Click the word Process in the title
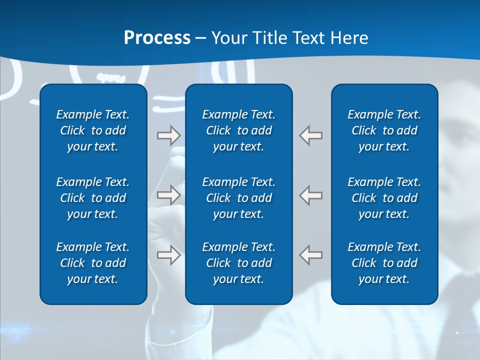click(x=157, y=38)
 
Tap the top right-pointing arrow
click(x=168, y=135)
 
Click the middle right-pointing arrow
click(x=168, y=194)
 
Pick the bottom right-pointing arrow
click(x=168, y=254)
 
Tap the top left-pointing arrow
click(x=310, y=135)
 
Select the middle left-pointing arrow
click(x=310, y=194)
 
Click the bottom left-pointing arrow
click(x=310, y=254)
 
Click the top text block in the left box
click(x=93, y=130)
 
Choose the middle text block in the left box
click(x=93, y=198)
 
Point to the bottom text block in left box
click(x=93, y=263)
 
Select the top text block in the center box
click(x=238, y=130)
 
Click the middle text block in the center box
click(x=238, y=198)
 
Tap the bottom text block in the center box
click(x=238, y=263)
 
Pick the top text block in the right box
click(x=384, y=130)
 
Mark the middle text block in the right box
click(x=384, y=198)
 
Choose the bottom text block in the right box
click(x=384, y=263)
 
